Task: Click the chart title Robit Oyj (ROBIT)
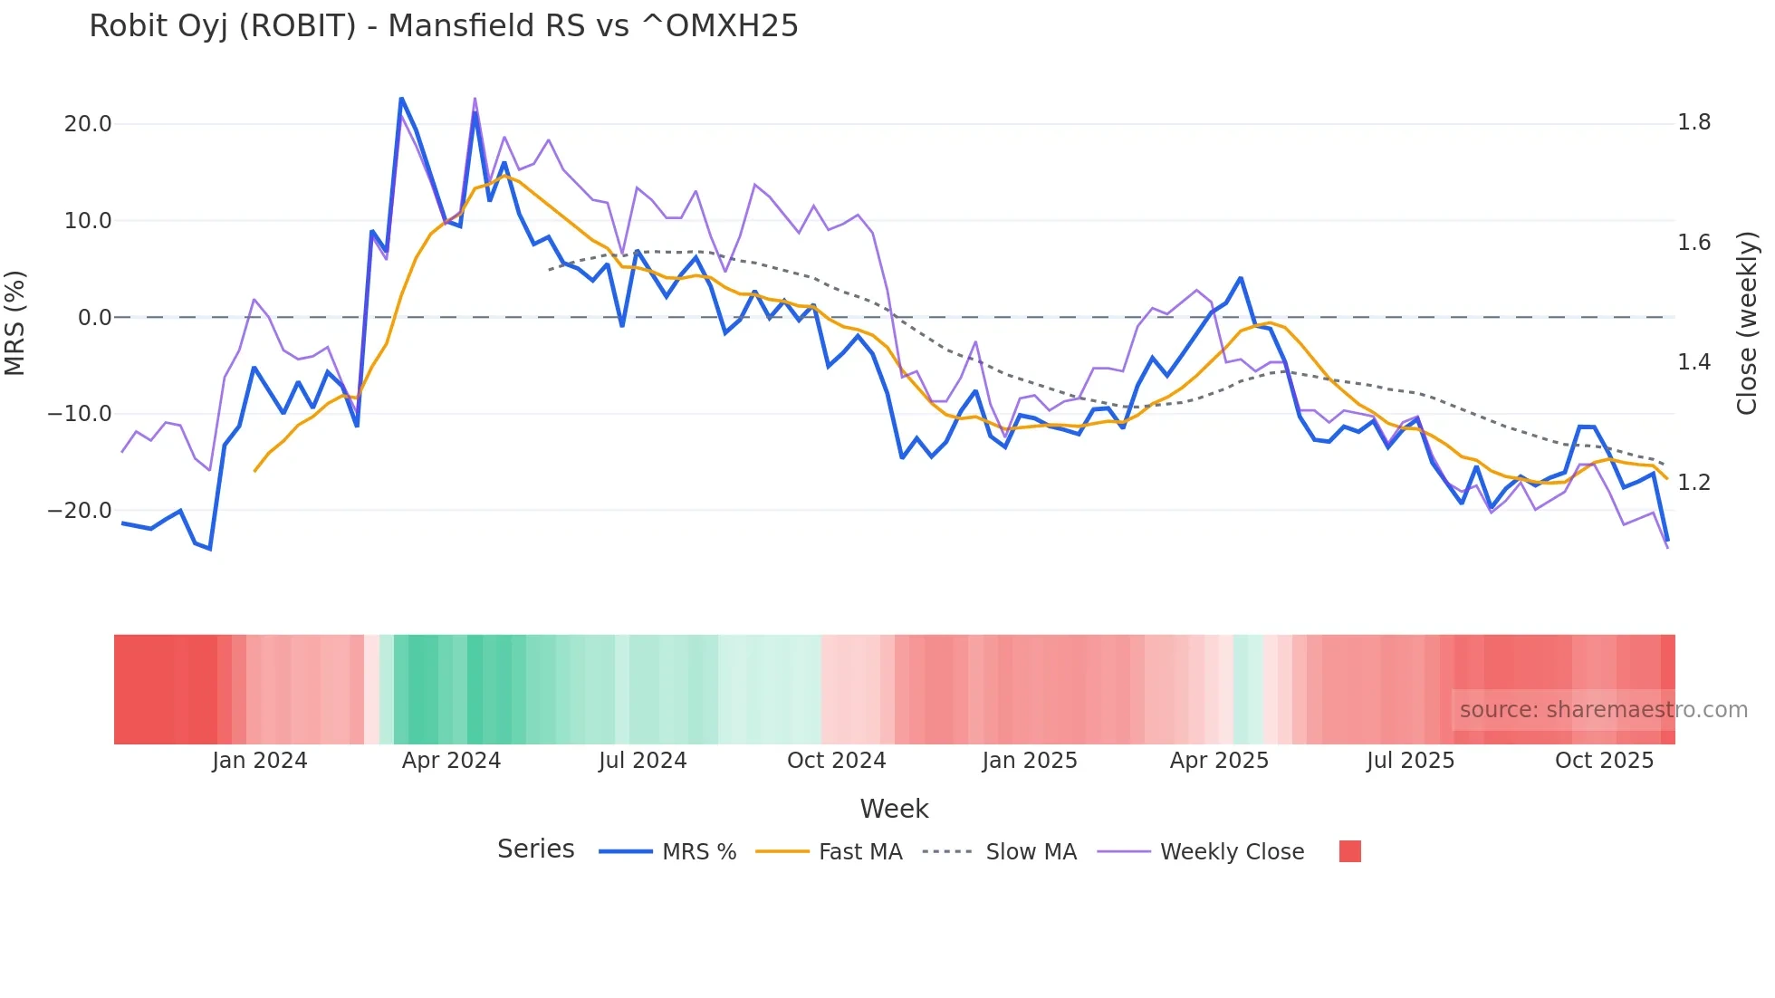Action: pyautogui.click(x=443, y=26)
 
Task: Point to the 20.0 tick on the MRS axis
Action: pyautogui.click(x=88, y=124)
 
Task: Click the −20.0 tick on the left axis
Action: pyautogui.click(x=80, y=511)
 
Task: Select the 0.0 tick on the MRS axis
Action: pyautogui.click(x=94, y=318)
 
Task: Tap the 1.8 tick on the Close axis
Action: pyautogui.click(x=1693, y=122)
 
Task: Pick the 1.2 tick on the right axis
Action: pyautogui.click(x=1693, y=483)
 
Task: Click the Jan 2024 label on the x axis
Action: pyautogui.click(x=260, y=761)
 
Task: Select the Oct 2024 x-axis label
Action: pyautogui.click(x=836, y=761)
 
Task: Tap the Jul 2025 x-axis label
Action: pyautogui.click(x=1410, y=761)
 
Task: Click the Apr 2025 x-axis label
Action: pyautogui.click(x=1219, y=761)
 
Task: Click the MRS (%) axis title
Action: pyautogui.click(x=15, y=322)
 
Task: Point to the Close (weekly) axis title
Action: pyautogui.click(x=1747, y=323)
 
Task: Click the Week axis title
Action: pyautogui.click(x=894, y=809)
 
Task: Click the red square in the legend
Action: pyautogui.click(x=1349, y=851)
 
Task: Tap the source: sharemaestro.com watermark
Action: pyautogui.click(x=1603, y=710)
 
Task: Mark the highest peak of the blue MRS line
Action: pyautogui.click(x=401, y=99)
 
